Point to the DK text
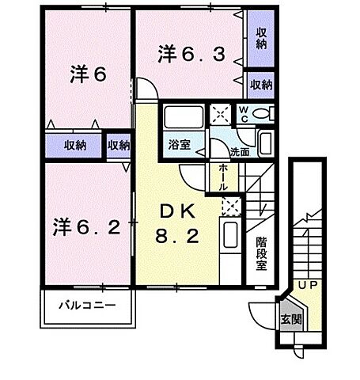pos(176,212)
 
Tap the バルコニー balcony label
pos(87,304)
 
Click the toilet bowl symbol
pos(264,116)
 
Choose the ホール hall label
pos(224,175)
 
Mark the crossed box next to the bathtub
pos(220,115)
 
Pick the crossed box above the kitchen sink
pos(230,207)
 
